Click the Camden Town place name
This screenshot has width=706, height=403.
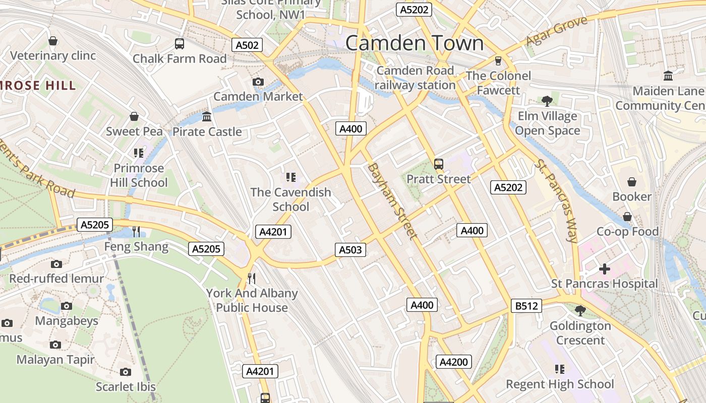(x=414, y=43)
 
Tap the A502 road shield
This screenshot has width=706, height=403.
(x=247, y=45)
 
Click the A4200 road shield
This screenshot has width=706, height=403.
(x=453, y=362)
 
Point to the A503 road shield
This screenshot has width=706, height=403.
(x=350, y=249)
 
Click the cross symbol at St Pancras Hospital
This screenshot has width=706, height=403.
(x=604, y=269)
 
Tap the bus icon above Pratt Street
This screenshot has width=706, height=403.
(x=438, y=164)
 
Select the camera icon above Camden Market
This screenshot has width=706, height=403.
(x=258, y=82)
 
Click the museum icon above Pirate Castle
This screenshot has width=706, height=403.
(x=207, y=117)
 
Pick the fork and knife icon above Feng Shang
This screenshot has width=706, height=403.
(x=136, y=232)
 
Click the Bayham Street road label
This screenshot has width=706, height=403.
(x=392, y=200)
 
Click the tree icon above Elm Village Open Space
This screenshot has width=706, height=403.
(x=547, y=101)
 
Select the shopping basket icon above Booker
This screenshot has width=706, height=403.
(x=631, y=182)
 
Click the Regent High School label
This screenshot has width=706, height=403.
(x=560, y=384)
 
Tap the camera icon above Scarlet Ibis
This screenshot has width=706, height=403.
(x=126, y=372)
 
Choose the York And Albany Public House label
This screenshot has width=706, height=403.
(x=252, y=300)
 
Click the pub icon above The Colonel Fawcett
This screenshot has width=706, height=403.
(x=498, y=60)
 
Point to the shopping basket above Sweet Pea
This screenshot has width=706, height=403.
(x=134, y=117)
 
